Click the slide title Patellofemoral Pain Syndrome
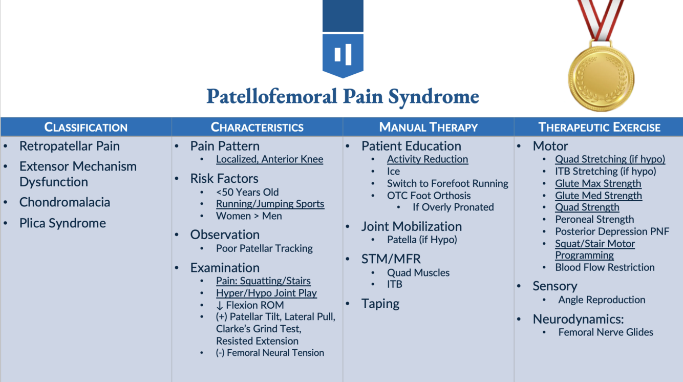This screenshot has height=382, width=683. click(x=343, y=96)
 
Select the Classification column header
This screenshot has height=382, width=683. click(x=86, y=127)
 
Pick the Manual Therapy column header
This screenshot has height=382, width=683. click(x=428, y=127)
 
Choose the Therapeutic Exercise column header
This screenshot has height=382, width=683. click(x=599, y=127)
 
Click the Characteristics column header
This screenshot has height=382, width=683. click(x=257, y=127)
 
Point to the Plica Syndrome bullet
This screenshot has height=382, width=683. click(x=62, y=223)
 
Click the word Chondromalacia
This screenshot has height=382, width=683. click(x=65, y=202)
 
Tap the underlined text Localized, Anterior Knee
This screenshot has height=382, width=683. click(x=269, y=159)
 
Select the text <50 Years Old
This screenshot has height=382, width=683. click(x=247, y=192)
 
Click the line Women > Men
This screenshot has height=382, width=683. click(x=249, y=216)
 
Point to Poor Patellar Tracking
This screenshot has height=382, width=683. click(x=264, y=248)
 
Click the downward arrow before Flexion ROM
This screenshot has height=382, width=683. click(x=220, y=306)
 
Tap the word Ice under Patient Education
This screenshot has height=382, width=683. click(x=393, y=172)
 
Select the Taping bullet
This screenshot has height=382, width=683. click(x=380, y=304)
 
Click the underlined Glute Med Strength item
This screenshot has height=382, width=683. click(x=598, y=196)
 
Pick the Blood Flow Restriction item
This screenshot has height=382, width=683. click(x=605, y=267)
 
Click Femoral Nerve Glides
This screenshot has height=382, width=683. click(x=606, y=332)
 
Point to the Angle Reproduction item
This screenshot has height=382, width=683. click(x=602, y=300)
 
